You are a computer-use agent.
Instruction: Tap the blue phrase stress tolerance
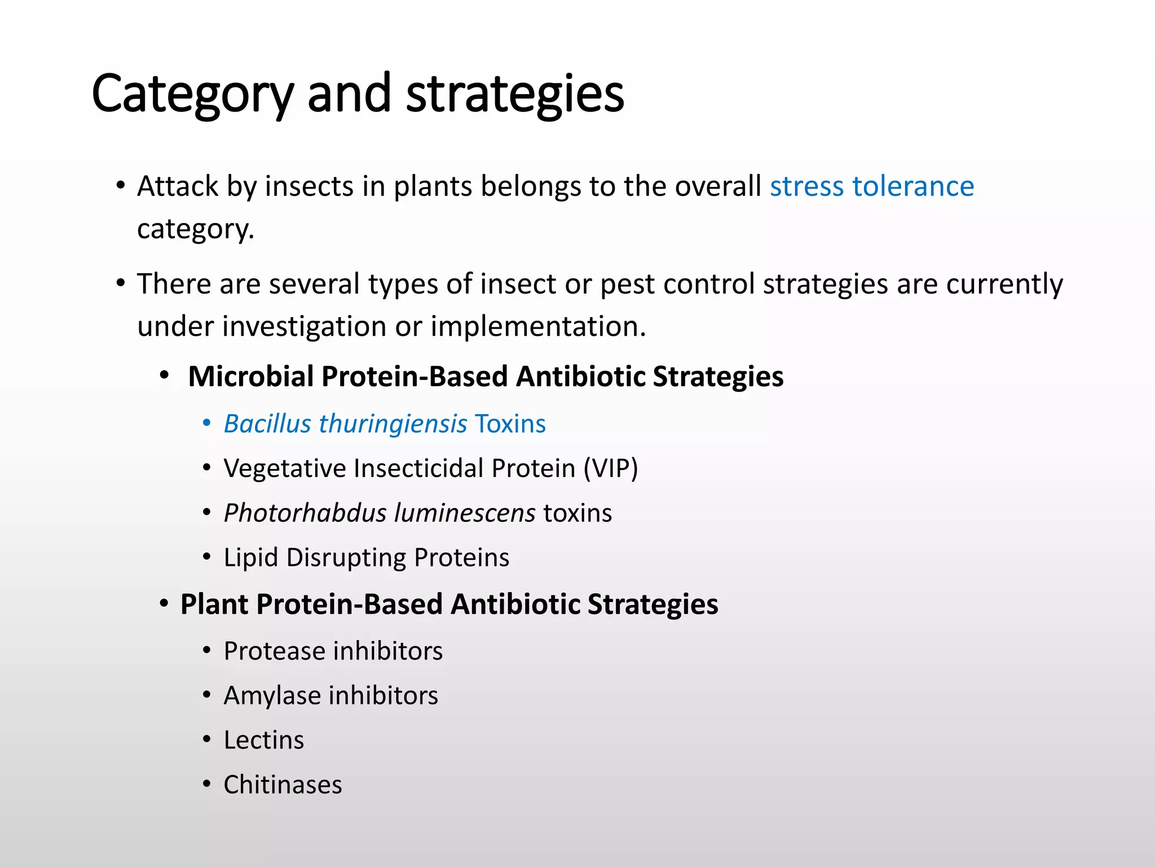point(871,186)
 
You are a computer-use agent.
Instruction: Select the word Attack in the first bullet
point(177,186)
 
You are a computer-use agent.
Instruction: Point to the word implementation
point(538,326)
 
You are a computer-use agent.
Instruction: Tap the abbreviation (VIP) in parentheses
point(610,468)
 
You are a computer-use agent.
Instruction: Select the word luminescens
point(464,513)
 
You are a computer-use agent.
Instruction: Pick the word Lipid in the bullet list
point(251,558)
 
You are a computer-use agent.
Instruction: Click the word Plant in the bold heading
point(214,605)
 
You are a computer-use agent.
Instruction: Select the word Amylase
point(271,695)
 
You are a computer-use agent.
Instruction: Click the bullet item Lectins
point(263,740)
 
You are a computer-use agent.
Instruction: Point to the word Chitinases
point(283,785)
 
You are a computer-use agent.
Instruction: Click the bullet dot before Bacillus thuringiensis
point(207,423)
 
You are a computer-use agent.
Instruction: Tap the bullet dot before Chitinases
point(207,783)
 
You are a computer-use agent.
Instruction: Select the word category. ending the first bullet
point(195,229)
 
